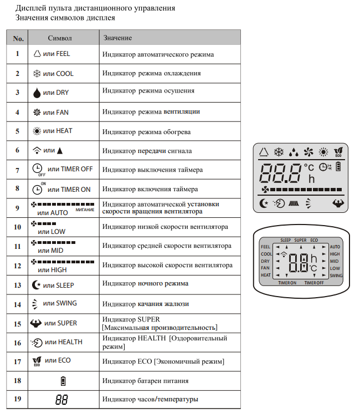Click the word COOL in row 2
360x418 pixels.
pos(65,74)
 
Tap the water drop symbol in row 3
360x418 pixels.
pos(37,93)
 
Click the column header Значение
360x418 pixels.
pos(117,38)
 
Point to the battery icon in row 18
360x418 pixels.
pos(62,381)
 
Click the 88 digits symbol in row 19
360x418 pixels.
pos(62,399)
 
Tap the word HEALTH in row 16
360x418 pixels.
pos(70,342)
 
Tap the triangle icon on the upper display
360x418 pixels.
pos(263,151)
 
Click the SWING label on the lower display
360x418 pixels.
pos(336,276)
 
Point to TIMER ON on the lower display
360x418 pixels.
pos(287,283)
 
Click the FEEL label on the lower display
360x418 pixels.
pos(266,247)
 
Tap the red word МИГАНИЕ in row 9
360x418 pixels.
pos(85,210)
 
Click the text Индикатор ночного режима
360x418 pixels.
pos(145,283)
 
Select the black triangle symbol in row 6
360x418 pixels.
pos(60,150)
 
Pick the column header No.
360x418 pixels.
pos(18,38)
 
